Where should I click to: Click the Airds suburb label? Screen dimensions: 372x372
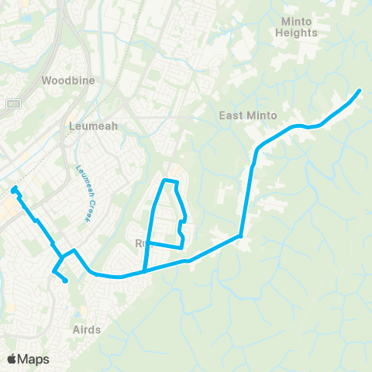(x=85, y=329)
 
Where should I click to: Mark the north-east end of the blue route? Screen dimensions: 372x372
(x=359, y=91)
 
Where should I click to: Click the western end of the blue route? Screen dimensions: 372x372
(x=13, y=188)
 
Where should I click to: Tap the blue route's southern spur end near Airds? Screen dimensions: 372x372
(x=66, y=281)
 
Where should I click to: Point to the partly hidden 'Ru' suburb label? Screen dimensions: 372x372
(x=140, y=243)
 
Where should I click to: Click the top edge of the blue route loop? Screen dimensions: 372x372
(x=170, y=181)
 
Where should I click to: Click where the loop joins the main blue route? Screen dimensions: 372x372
(x=143, y=271)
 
